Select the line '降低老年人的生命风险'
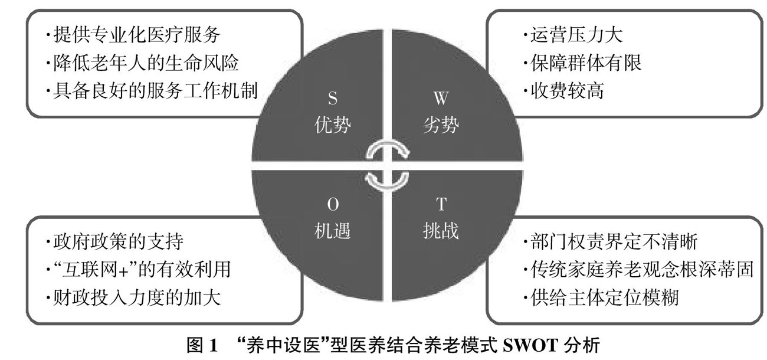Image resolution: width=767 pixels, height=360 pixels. (x=144, y=63)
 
